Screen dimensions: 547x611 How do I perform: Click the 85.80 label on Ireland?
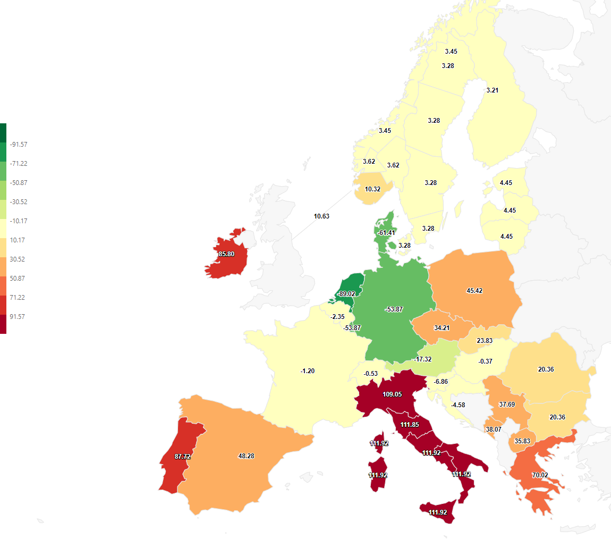226,254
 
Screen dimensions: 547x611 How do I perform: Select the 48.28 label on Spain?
246,456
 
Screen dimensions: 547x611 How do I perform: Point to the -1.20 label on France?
308,371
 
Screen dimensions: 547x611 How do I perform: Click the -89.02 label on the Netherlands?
346,293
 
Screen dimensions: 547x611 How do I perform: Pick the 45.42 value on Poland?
474,291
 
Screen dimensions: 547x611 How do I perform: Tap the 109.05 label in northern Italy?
392,395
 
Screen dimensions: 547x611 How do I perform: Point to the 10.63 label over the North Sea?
321,216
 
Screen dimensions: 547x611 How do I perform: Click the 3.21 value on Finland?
493,90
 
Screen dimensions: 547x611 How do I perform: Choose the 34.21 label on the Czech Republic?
442,327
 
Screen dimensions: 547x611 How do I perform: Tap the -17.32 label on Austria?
423,359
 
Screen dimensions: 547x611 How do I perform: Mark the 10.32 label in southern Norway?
372,189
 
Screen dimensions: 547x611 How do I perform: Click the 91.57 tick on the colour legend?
18,316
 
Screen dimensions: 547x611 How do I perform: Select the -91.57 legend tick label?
19,144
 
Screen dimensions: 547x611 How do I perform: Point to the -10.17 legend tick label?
19,221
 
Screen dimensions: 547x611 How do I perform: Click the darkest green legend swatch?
3,133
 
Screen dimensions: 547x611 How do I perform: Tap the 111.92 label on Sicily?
438,512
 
